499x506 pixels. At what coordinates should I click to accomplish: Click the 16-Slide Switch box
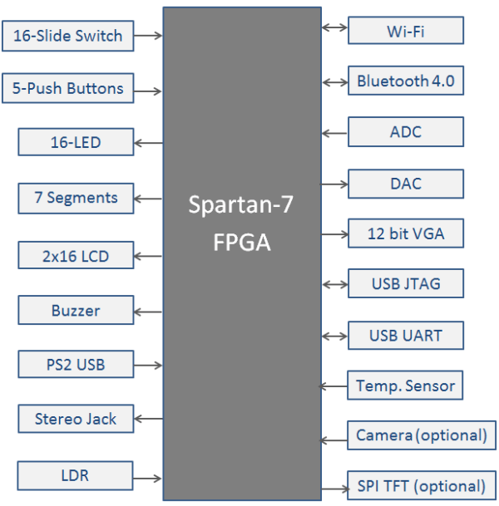click(67, 36)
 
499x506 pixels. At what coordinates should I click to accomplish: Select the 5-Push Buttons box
click(67, 89)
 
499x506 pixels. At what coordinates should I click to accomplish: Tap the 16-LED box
click(76, 142)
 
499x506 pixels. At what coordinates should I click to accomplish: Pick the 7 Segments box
click(76, 198)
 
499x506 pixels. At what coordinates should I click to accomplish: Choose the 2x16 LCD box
click(76, 255)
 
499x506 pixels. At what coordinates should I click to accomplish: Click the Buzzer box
click(76, 311)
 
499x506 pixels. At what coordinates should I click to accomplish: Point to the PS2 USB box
click(76, 364)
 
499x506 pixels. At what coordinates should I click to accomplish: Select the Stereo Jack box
click(76, 419)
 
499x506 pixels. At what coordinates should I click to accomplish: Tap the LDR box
click(76, 476)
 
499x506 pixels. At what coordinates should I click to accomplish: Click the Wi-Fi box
click(405, 32)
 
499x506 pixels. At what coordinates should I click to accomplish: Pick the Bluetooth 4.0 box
click(405, 81)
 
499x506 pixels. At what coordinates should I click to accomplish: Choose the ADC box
click(405, 132)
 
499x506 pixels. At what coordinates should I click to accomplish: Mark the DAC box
click(405, 184)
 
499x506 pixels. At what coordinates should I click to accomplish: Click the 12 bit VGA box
click(405, 233)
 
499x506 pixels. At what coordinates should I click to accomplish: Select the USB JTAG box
click(405, 284)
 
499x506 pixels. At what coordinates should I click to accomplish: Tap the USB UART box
click(405, 336)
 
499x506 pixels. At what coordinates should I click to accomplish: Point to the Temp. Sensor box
click(405, 386)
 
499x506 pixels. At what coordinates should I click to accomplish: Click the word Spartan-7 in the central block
click(241, 205)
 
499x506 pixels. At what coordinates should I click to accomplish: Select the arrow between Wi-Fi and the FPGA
click(334, 27)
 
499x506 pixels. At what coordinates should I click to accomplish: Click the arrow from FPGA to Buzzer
click(148, 312)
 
